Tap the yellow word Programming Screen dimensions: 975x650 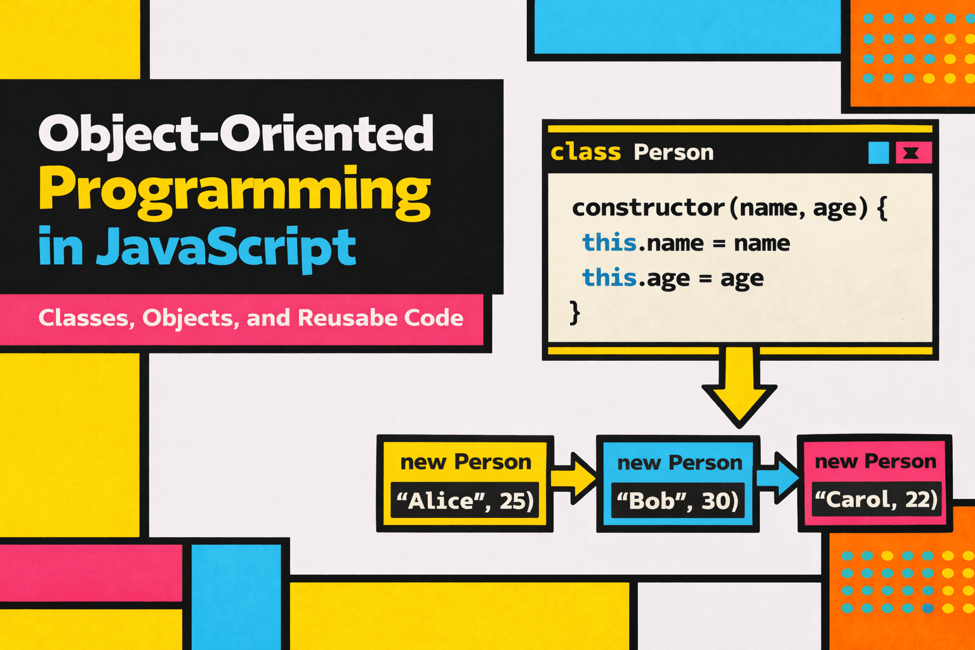point(235,192)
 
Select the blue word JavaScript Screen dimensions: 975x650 point(226,248)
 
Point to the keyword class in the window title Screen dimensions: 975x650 point(586,152)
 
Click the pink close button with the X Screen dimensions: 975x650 point(913,153)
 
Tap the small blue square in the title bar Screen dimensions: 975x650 point(879,153)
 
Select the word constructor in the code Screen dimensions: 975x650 point(647,208)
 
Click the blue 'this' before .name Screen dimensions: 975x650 point(609,242)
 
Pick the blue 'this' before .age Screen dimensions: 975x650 point(609,277)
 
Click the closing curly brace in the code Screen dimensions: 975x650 point(575,312)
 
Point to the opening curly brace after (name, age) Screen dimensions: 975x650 point(882,209)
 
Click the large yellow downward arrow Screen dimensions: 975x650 point(739,387)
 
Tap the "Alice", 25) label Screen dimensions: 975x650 point(465,501)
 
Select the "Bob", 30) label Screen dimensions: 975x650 point(678,501)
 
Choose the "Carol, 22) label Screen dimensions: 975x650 point(876,500)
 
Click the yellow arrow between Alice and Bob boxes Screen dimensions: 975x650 point(574,479)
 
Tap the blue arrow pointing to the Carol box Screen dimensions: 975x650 point(778,477)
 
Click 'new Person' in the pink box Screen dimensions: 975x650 point(876,461)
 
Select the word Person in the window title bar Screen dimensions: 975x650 point(673,152)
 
